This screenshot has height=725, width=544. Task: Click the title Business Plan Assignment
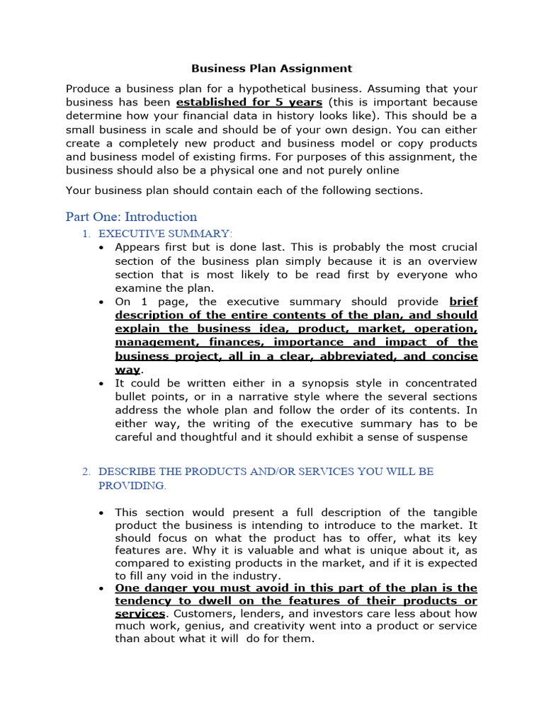272,69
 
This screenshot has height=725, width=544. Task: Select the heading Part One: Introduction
131,217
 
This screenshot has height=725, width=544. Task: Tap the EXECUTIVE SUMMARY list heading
165,234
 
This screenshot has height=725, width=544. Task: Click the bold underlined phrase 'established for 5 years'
249,103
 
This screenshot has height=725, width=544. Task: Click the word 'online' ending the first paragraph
382,170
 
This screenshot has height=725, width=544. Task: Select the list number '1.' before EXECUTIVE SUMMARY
86,234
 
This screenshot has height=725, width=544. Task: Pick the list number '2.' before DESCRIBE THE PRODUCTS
86,471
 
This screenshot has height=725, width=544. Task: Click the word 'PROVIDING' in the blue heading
131,486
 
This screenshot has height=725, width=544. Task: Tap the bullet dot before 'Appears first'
103,247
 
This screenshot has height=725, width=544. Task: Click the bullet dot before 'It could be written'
103,383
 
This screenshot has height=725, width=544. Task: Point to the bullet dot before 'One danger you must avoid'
103,588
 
